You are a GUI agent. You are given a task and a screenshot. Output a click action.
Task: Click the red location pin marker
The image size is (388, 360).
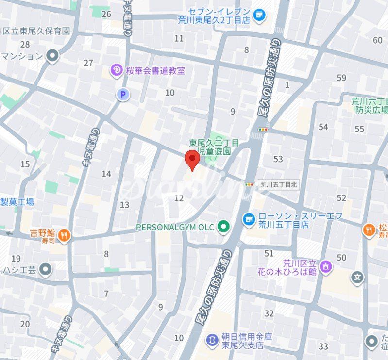(193, 160)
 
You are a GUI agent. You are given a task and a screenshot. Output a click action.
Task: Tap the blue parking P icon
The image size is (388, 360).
(123, 95)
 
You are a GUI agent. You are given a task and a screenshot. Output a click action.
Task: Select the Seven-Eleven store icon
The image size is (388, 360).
(260, 16)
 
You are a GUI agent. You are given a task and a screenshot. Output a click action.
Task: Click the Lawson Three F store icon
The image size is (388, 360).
(249, 219)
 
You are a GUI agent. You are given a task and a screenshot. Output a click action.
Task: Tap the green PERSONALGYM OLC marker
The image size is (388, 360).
(223, 226)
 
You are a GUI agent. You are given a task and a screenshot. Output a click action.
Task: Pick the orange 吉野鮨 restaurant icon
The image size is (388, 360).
(64, 236)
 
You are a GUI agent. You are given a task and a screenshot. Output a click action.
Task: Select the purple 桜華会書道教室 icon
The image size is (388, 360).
(117, 71)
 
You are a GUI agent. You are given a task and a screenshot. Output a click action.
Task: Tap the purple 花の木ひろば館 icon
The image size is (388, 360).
(325, 266)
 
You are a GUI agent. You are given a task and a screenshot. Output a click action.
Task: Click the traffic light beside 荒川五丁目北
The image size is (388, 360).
(250, 184)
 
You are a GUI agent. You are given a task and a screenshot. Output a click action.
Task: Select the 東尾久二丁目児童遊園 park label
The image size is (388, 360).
(214, 147)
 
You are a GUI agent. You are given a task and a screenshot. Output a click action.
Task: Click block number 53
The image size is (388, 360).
(278, 159)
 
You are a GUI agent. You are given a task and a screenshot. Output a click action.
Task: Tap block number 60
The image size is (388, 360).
(378, 40)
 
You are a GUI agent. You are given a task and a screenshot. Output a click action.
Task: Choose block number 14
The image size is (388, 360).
(106, 174)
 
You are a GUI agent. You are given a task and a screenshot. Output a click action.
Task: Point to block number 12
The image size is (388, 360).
(179, 198)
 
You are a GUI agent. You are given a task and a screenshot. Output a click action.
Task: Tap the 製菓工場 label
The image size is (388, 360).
(17, 202)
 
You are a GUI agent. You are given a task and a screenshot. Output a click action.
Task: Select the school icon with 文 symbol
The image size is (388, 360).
(357, 278)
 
